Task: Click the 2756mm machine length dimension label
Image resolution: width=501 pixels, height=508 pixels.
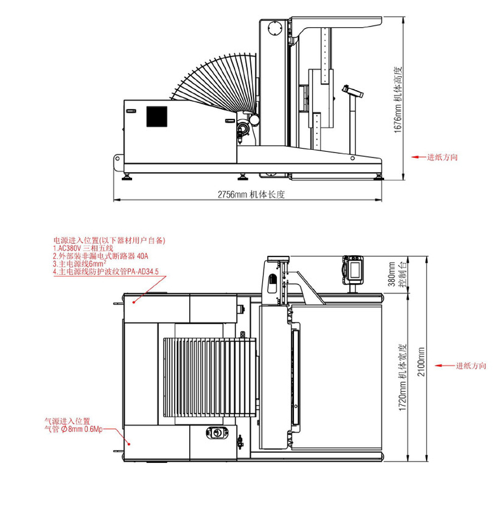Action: [x=251, y=194]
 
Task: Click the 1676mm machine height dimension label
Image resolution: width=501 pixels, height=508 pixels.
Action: [x=397, y=100]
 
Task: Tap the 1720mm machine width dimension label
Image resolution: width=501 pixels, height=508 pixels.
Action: [x=402, y=377]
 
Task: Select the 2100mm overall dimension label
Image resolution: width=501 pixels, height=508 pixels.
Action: [x=421, y=362]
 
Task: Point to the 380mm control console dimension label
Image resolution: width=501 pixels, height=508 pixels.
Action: [x=397, y=274]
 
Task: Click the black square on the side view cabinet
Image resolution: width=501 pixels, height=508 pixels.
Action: [x=157, y=117]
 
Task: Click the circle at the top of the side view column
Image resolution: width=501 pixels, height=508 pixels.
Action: [x=276, y=27]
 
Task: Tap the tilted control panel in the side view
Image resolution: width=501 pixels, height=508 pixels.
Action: [x=352, y=91]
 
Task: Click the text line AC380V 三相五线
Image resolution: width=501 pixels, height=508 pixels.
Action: [x=83, y=248]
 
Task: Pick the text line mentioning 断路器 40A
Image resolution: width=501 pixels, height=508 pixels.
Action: [x=100, y=257]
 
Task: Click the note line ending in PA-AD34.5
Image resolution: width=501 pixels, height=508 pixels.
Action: [x=106, y=272]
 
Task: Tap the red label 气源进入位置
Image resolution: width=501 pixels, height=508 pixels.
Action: [x=67, y=421]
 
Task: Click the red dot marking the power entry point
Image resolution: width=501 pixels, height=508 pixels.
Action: [x=133, y=302]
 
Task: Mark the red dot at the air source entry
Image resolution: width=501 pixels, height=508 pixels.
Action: [x=129, y=444]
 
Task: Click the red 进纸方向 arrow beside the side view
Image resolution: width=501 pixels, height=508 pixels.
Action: [x=419, y=157]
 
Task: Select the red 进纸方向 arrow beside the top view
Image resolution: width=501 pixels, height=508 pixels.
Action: [x=444, y=366]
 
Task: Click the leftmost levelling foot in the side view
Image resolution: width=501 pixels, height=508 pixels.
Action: [x=126, y=177]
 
